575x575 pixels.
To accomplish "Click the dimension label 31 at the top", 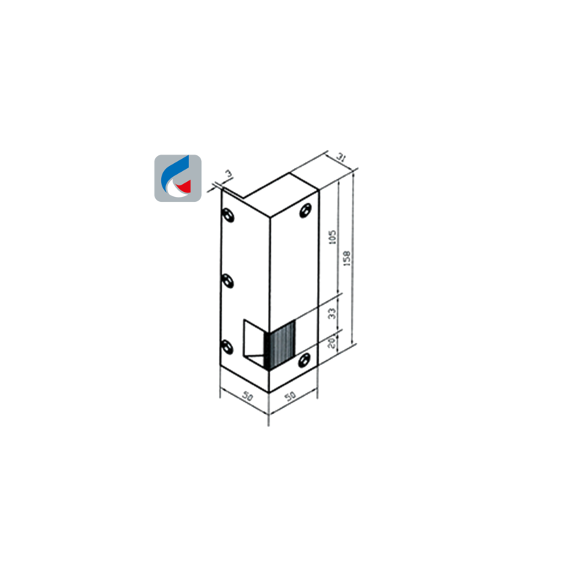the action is click(341, 158).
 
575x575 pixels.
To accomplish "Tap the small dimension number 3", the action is click(228, 173).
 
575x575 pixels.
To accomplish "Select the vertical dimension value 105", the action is click(332, 237).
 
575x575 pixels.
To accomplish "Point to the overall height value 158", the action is click(346, 258).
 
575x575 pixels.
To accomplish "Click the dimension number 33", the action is click(331, 313).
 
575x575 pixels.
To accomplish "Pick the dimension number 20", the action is click(331, 343).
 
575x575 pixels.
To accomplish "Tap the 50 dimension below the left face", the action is click(248, 397).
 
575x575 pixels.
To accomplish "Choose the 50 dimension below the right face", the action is click(290, 396).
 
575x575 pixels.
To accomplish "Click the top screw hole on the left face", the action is click(228, 215).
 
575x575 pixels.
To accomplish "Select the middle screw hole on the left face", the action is click(228, 281).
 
